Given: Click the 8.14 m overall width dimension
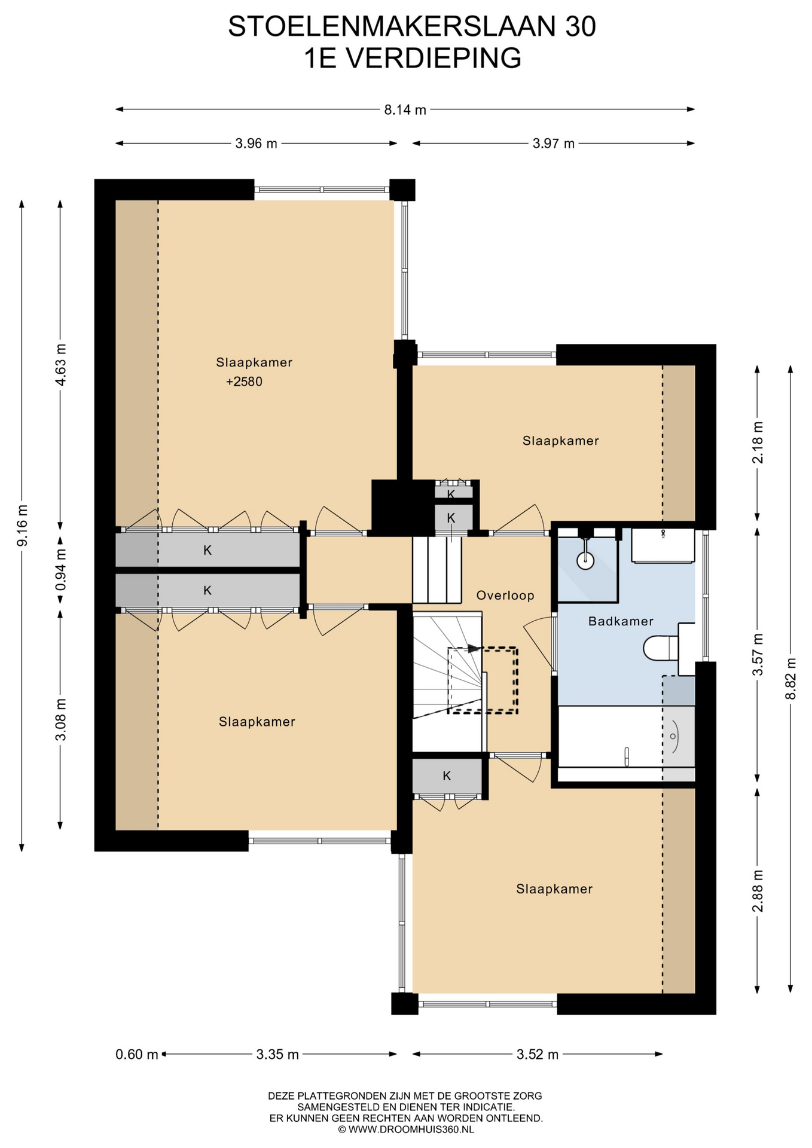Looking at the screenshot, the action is click(405, 109).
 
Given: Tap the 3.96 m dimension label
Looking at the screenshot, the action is click(256, 143).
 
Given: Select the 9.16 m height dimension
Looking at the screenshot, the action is click(22, 525).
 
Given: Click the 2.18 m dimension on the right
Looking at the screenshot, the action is click(758, 442).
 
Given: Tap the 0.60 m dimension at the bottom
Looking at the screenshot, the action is click(137, 1054).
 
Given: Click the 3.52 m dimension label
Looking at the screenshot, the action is click(538, 1054).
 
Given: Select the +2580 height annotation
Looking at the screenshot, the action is click(244, 381).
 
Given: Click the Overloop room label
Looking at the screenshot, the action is click(505, 596).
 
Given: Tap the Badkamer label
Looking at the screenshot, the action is click(621, 621).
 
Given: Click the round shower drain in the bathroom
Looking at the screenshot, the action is click(585, 560).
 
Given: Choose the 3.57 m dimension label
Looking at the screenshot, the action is click(758, 655).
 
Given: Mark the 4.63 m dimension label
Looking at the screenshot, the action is click(60, 365).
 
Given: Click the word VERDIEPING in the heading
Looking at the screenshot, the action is click(434, 59).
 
